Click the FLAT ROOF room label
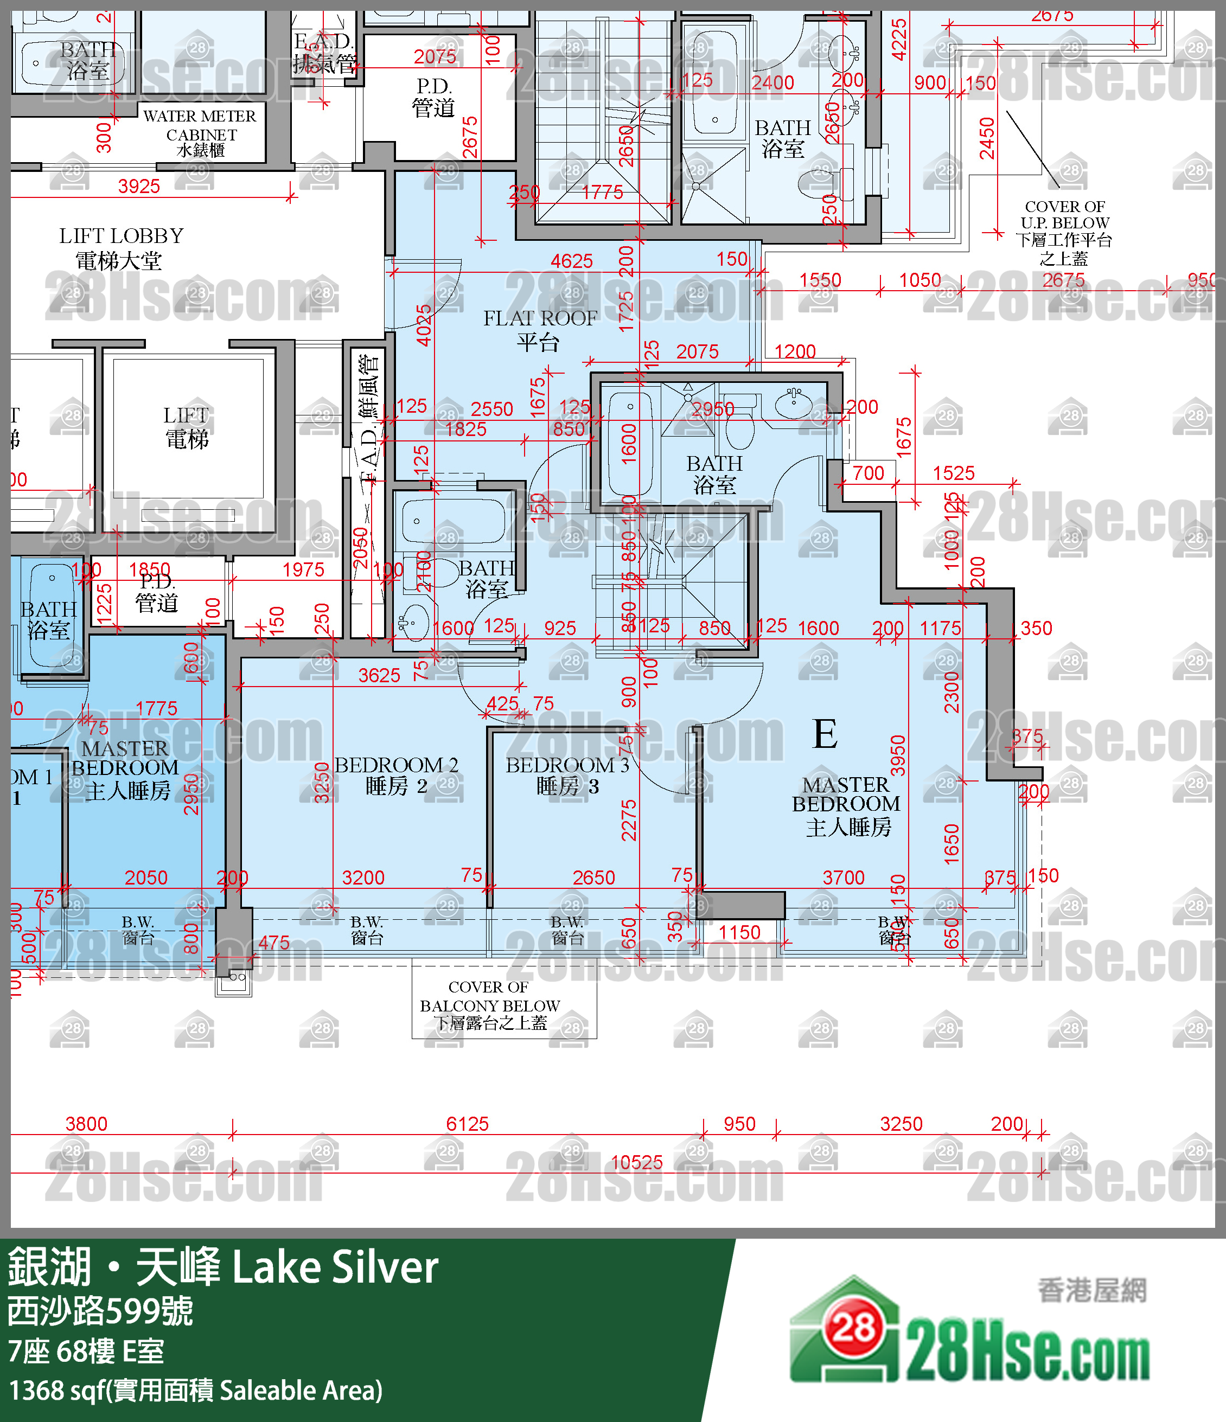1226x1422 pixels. click(x=540, y=329)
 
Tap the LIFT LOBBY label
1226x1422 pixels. click(x=121, y=248)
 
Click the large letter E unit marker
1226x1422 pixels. click(x=825, y=734)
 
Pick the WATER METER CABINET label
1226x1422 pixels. click(x=200, y=132)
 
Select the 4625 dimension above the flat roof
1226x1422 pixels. click(x=571, y=261)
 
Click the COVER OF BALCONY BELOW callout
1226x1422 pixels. click(x=489, y=1005)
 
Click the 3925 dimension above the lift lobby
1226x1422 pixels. click(x=139, y=186)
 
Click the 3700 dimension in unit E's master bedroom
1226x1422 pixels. click(x=843, y=877)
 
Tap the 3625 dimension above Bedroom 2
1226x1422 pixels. click(x=379, y=675)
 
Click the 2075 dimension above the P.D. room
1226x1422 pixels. click(x=435, y=56)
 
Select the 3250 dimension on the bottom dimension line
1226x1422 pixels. click(x=901, y=1124)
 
